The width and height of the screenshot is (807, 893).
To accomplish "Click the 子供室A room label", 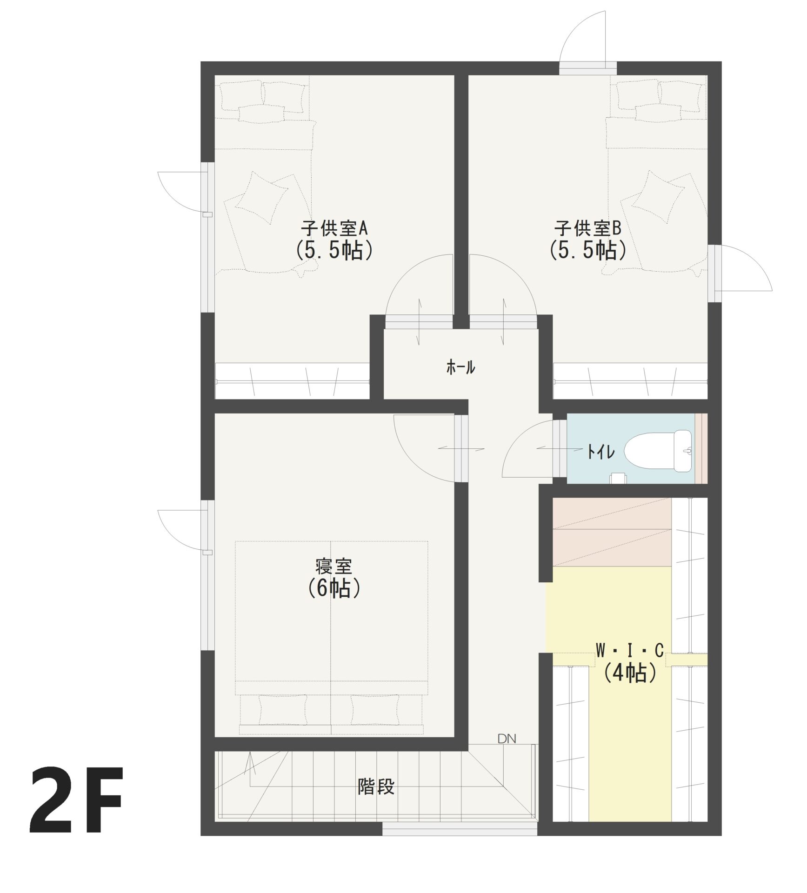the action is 334,229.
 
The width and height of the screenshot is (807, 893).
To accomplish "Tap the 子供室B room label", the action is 587,229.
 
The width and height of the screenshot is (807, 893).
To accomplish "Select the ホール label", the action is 460,367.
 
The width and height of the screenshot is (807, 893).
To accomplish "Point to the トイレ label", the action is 601,452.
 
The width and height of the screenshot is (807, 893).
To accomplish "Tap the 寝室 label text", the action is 333,566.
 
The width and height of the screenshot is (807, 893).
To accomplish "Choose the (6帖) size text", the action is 333,589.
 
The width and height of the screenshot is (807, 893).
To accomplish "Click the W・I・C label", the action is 630,651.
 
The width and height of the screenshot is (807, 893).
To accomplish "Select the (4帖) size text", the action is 630,673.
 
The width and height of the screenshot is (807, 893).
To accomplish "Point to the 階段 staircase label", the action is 376,786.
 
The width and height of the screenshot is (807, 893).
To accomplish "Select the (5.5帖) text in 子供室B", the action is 587,251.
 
